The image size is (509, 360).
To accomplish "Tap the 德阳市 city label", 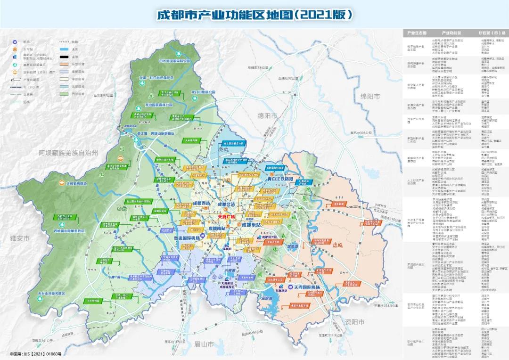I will (x=267, y=115).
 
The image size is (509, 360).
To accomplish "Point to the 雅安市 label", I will (x=20, y=239).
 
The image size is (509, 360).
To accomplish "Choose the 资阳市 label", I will (x=354, y=322).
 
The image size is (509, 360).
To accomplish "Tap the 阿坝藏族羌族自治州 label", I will (x=68, y=153).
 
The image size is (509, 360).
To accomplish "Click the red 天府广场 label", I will (x=226, y=217).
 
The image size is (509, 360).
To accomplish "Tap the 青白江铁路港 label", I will (x=280, y=180).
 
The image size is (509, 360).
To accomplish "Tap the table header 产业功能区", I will (x=452, y=33).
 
